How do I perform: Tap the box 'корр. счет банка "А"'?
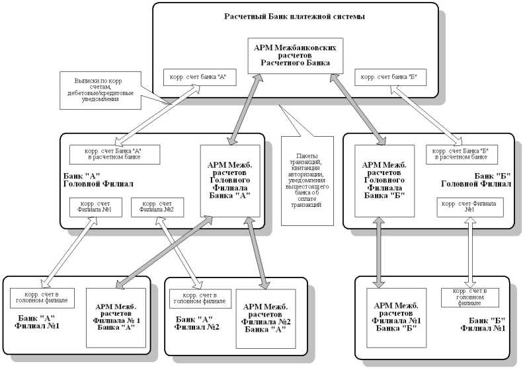[x=195, y=77]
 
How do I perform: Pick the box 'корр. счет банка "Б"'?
[x=387, y=77]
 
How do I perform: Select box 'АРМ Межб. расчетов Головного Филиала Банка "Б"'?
[x=385, y=180]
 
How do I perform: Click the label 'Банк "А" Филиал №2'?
[x=197, y=323]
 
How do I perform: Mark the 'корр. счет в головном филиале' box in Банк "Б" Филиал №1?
[x=469, y=297]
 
